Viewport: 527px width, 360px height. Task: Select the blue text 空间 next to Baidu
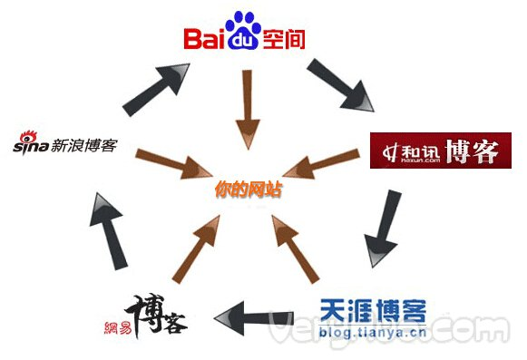(x=282, y=39)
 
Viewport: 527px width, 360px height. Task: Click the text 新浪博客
(x=83, y=143)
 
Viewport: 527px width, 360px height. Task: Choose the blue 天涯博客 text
(x=373, y=311)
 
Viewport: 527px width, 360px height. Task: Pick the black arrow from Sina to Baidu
(x=159, y=89)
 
